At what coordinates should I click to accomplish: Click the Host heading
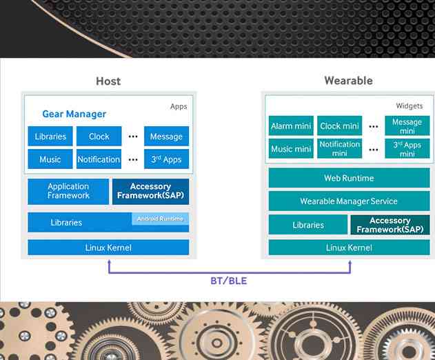tap(108, 81)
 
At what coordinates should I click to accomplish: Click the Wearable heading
tap(348, 81)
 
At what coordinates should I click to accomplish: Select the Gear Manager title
tap(74, 114)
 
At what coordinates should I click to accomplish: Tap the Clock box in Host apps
tap(99, 137)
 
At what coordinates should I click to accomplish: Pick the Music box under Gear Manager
tap(50, 159)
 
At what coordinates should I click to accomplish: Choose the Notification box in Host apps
tap(99, 159)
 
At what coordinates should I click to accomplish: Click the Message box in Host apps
tap(166, 137)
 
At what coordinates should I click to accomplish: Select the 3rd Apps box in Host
tap(166, 159)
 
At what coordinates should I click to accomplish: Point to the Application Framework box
tap(68, 191)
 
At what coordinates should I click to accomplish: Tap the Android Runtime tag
tap(160, 219)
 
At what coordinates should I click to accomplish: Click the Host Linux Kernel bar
tap(108, 248)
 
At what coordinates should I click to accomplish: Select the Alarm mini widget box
tap(291, 126)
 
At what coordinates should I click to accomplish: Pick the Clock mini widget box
tap(340, 126)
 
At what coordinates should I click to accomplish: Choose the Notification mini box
tap(340, 148)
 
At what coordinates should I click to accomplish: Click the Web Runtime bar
tap(349, 178)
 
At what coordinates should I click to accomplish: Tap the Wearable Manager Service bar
tap(349, 201)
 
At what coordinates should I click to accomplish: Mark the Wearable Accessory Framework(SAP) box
tap(390, 225)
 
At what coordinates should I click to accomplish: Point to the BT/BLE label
tap(228, 281)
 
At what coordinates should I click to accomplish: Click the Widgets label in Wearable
tap(409, 106)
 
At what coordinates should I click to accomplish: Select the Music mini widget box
tap(291, 149)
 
